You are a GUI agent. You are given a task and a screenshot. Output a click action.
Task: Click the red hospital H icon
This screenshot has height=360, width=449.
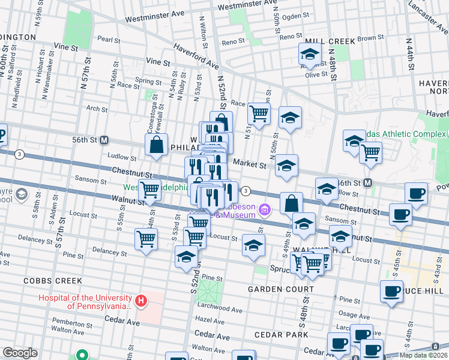click(x=140, y=301)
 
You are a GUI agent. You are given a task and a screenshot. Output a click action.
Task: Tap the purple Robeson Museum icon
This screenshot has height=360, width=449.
click(x=265, y=209)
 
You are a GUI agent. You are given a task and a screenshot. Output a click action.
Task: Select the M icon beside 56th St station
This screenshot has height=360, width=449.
click(x=104, y=140)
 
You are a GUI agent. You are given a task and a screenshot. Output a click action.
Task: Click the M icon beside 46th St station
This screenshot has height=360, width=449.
click(x=369, y=182)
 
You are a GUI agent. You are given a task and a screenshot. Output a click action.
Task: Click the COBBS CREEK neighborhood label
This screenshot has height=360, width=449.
click(x=48, y=280)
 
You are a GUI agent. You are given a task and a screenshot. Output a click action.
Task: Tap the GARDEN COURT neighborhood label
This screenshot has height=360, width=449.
click(x=273, y=289)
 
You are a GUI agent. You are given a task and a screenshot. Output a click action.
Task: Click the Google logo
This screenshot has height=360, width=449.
click(x=20, y=352)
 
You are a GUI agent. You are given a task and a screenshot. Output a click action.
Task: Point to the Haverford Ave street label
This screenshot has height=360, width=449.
click(x=196, y=56)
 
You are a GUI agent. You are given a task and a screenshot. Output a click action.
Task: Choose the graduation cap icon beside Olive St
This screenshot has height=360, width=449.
click(x=310, y=54)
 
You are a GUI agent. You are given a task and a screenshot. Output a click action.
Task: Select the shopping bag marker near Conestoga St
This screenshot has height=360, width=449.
click(x=156, y=145)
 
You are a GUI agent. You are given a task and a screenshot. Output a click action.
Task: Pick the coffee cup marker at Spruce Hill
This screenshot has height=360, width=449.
click(x=391, y=292)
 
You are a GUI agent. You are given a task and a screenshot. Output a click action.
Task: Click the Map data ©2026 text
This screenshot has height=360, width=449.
click(x=423, y=355)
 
